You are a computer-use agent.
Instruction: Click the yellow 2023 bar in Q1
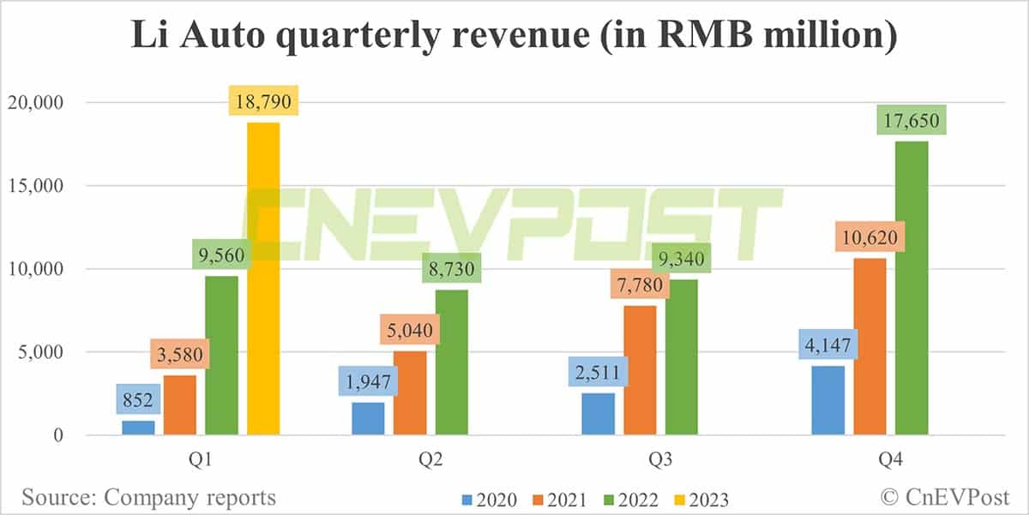pyautogui.click(x=263, y=278)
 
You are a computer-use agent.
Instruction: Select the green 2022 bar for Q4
pyautogui.click(x=912, y=288)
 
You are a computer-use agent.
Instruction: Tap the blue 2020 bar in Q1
pyautogui.click(x=138, y=428)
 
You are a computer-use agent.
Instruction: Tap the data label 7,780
pyautogui.click(x=640, y=285)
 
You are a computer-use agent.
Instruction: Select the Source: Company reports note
pyautogui.click(x=148, y=497)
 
